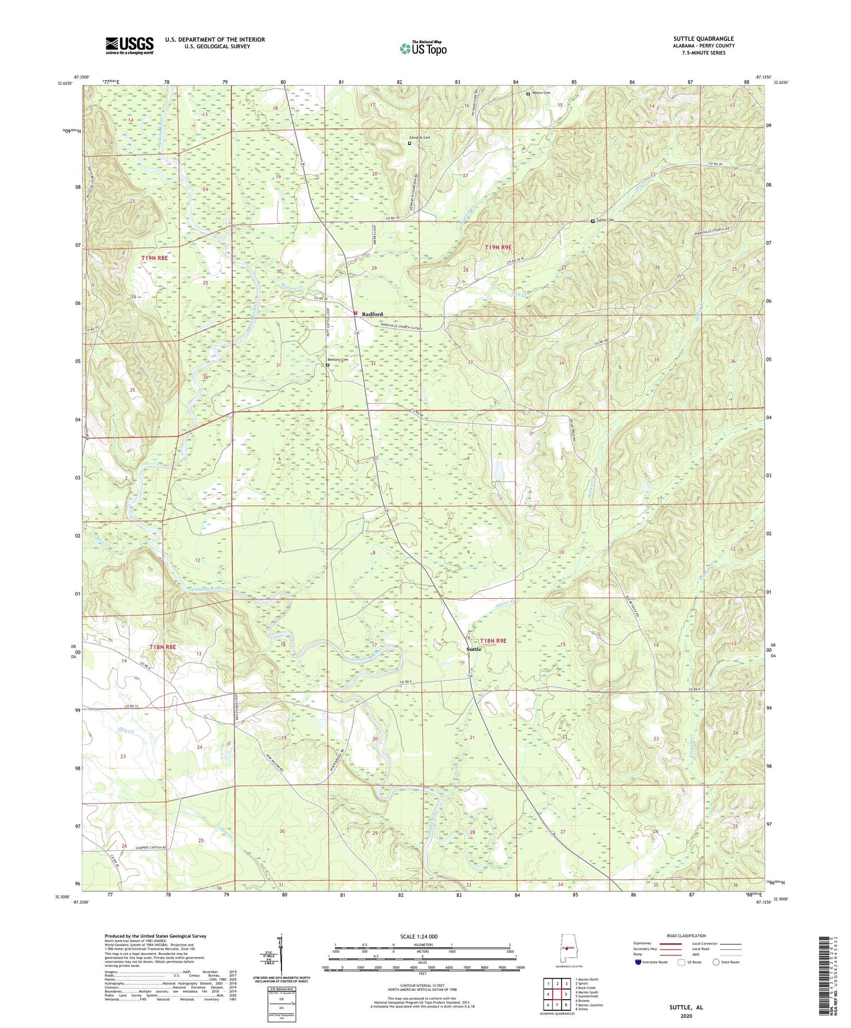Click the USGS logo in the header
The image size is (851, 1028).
point(130,45)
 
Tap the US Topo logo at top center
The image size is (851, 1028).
point(423,48)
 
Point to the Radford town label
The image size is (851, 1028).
point(372,314)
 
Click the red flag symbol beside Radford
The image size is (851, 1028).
point(356,313)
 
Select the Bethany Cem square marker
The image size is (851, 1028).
point(328,365)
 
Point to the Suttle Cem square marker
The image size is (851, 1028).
point(592,221)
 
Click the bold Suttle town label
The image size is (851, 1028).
point(473,649)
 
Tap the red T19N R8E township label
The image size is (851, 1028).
point(154,258)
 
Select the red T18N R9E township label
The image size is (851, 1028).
point(493,641)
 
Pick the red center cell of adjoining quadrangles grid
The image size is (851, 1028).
point(557,994)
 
